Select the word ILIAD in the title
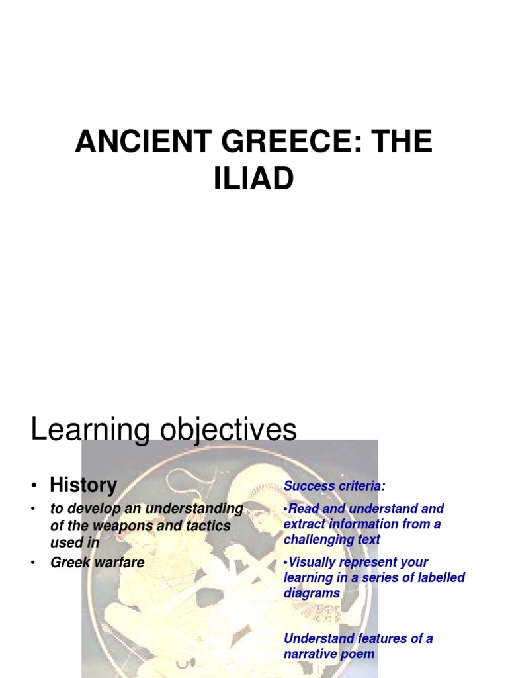click(253, 179)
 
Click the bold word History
click(83, 485)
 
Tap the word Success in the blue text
click(308, 487)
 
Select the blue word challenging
click(317, 540)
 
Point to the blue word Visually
click(314, 562)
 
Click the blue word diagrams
click(312, 593)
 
